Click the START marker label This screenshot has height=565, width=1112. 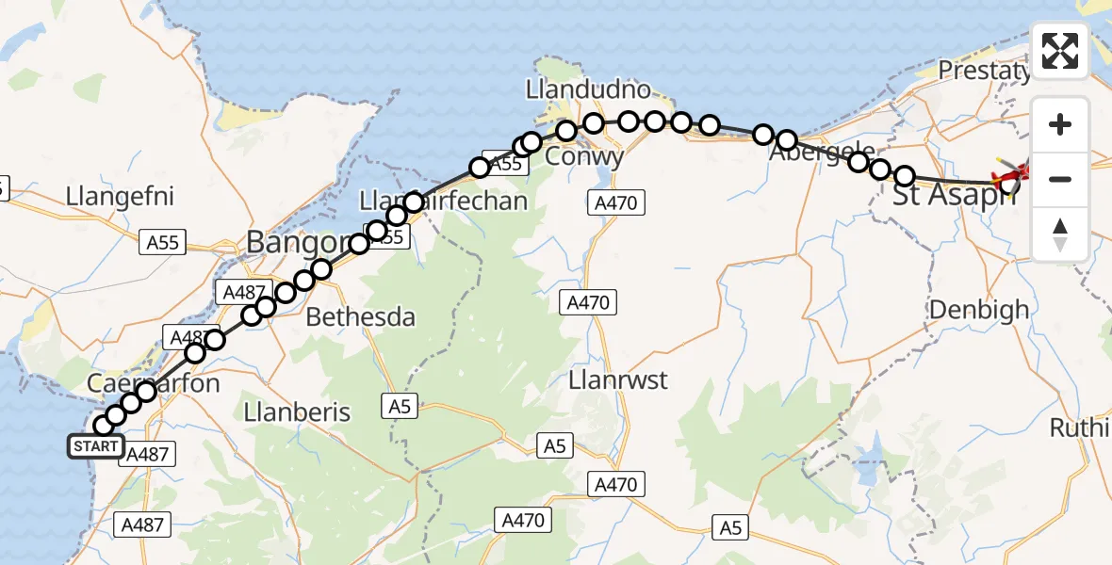[x=95, y=446]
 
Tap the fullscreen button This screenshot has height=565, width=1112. [x=1060, y=51]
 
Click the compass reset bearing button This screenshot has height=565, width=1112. [x=1060, y=234]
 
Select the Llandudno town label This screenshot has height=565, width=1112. [x=589, y=90]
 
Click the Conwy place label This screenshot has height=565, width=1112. [x=585, y=156]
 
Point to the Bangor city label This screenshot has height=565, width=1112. [x=292, y=243]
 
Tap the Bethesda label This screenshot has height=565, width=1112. [x=361, y=316]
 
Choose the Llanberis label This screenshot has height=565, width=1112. [x=297, y=412]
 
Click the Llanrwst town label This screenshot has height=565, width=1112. [x=619, y=380]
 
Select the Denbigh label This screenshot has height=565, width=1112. [x=979, y=309]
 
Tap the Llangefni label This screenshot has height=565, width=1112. [x=121, y=198]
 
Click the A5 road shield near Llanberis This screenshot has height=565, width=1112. [x=398, y=407]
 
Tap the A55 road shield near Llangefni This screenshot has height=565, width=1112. [x=164, y=242]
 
